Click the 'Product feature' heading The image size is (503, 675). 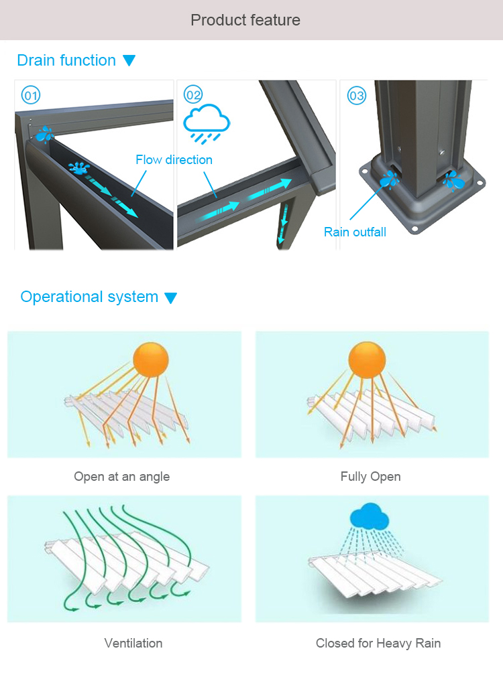(245, 20)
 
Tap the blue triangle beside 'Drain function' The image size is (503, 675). (129, 61)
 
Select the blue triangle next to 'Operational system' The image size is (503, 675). (171, 298)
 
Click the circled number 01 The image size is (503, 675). (31, 96)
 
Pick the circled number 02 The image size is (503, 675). (193, 95)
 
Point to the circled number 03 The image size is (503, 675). (357, 96)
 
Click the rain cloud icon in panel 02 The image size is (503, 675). (207, 122)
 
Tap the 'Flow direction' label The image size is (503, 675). (174, 159)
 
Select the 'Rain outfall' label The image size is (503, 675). (355, 232)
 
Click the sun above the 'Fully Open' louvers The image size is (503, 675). (367, 359)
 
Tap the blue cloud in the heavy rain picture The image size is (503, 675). (368, 517)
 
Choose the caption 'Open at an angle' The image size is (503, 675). (121, 477)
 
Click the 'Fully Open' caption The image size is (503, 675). (370, 477)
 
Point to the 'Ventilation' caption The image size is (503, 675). (133, 644)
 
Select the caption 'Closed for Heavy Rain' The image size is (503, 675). (378, 644)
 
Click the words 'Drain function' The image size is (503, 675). (66, 60)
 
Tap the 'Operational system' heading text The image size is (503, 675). (89, 297)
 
